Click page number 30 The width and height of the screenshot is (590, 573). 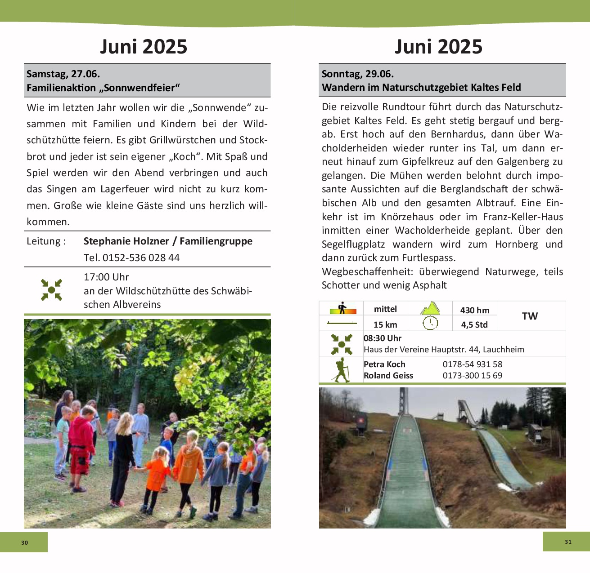click(x=24, y=542)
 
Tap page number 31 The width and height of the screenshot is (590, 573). click(x=568, y=542)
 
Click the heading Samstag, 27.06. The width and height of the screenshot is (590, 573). click(x=63, y=74)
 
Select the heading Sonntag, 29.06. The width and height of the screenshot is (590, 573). click(x=357, y=74)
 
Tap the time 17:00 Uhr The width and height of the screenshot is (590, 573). click(x=106, y=277)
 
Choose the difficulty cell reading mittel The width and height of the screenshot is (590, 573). click(x=385, y=309)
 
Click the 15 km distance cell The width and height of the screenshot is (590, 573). click(x=385, y=324)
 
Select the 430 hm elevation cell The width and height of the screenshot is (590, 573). click(x=474, y=310)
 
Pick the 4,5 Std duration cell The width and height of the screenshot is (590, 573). click(x=474, y=324)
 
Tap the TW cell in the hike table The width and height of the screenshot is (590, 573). click(x=530, y=316)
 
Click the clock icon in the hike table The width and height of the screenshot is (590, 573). click(x=430, y=323)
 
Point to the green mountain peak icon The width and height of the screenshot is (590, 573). click(x=430, y=308)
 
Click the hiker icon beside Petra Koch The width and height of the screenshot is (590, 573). click(x=341, y=370)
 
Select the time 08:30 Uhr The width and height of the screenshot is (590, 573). click(x=383, y=338)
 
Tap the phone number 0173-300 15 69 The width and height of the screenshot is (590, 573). click(x=472, y=376)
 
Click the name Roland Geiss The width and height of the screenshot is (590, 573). click(x=388, y=376)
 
